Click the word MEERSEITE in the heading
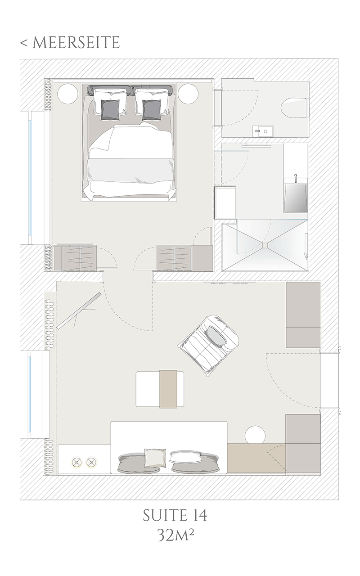click(x=76, y=43)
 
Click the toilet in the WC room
click(x=294, y=108)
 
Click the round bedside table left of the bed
click(x=67, y=94)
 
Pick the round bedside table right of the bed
click(x=189, y=94)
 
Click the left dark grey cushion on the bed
click(x=111, y=110)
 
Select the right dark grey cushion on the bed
click(x=152, y=110)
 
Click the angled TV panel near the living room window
click(x=79, y=310)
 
